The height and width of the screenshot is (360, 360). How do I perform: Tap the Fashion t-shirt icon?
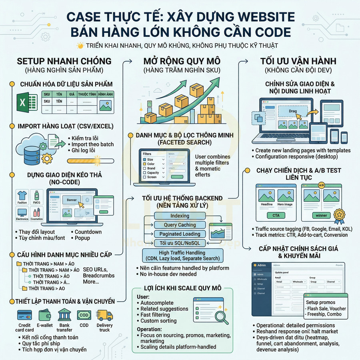[x=22, y=196]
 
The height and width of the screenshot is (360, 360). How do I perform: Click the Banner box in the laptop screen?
[x=72, y=200]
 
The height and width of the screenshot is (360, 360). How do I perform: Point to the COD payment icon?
[x=84, y=315]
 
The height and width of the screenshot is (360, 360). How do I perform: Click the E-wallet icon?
[x=45, y=315]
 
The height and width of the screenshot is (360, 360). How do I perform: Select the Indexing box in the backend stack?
[x=180, y=216]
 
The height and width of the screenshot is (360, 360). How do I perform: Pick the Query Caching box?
[x=180, y=225]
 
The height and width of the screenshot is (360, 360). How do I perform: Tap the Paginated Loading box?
[x=180, y=234]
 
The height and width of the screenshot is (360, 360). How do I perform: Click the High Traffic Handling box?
[x=182, y=256]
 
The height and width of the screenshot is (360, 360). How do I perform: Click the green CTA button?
[x=276, y=216]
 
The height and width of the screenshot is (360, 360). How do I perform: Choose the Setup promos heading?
[x=321, y=302]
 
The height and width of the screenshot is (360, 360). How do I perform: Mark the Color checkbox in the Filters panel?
[x=144, y=164]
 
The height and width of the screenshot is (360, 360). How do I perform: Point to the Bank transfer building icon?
[x=64, y=315]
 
